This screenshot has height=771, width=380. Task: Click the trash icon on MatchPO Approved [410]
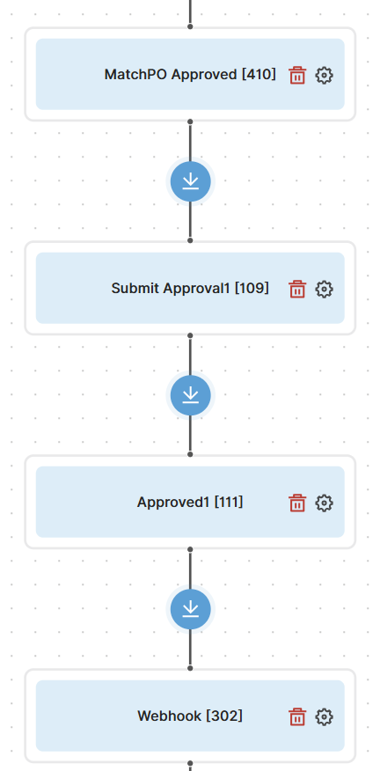(x=297, y=75)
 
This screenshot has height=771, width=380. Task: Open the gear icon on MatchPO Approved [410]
(x=324, y=75)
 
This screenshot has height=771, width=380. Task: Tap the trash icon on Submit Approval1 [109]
(x=297, y=289)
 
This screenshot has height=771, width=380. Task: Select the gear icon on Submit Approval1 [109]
(x=324, y=289)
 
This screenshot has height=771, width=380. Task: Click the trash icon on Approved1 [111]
(x=297, y=503)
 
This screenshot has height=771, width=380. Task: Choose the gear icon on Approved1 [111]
(x=324, y=503)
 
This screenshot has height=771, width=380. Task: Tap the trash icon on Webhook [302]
(x=297, y=717)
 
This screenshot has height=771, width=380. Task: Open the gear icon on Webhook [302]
(x=324, y=717)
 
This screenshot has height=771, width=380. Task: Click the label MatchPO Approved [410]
(x=190, y=75)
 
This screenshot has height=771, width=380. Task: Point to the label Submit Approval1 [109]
(x=190, y=288)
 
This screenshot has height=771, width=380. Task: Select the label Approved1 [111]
(x=190, y=502)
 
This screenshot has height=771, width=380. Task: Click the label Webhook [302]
(x=190, y=716)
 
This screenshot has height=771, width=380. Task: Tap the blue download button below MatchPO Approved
(x=190, y=181)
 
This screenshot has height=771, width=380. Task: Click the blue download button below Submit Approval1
(x=190, y=395)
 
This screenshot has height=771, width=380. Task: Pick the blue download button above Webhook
(x=190, y=609)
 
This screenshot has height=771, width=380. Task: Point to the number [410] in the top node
(x=259, y=75)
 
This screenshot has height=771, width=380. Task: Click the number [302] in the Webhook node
(x=224, y=716)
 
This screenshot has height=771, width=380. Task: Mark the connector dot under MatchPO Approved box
(x=190, y=121)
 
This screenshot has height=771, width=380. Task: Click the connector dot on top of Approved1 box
(x=190, y=454)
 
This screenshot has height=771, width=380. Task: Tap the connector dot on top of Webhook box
(x=190, y=668)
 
